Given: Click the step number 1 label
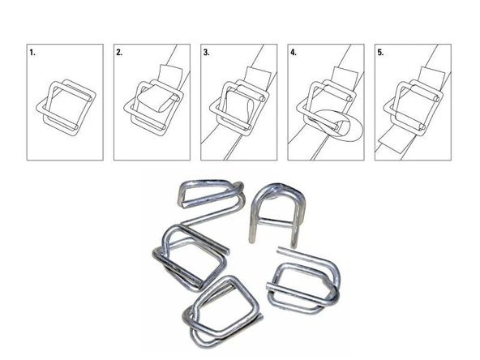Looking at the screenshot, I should [x=33, y=53].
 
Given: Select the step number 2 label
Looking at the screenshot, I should [x=120, y=53].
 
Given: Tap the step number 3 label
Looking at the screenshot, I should [x=207, y=53].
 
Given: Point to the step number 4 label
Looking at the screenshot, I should [x=294, y=53].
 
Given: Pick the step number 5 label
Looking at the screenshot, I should [x=380, y=53].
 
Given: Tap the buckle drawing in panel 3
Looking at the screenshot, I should [x=238, y=105].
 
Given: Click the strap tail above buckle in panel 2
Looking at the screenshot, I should [x=169, y=77].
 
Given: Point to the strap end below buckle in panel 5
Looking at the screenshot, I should [x=397, y=143].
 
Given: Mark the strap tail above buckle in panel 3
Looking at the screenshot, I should [x=255, y=77].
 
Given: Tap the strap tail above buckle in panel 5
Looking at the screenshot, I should [x=430, y=77].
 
